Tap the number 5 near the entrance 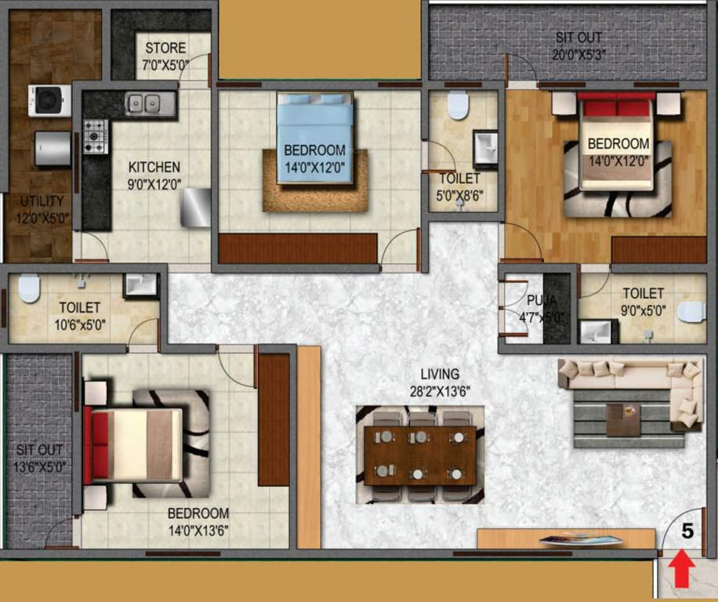click(x=687, y=531)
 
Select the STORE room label click(x=165, y=56)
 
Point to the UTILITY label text click(x=41, y=209)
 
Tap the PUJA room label click(x=539, y=306)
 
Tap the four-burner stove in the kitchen click(x=95, y=136)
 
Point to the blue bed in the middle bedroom click(x=314, y=137)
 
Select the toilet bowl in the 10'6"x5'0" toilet click(x=29, y=288)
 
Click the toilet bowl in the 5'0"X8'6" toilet click(x=458, y=106)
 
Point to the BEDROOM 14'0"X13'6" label click(x=198, y=521)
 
